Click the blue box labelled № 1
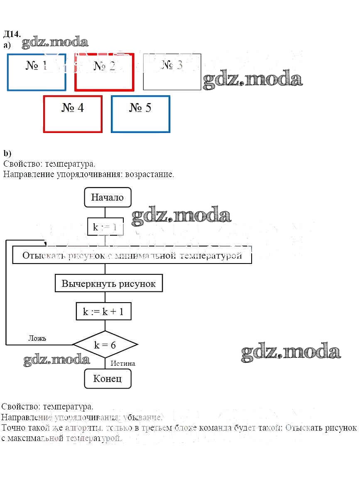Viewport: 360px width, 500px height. point(37,72)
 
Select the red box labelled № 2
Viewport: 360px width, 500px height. point(104,72)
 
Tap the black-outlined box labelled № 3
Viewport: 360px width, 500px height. point(172,72)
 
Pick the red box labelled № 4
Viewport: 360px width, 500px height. point(73,114)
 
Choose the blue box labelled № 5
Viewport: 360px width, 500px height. point(140,114)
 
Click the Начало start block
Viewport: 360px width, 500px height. point(108,197)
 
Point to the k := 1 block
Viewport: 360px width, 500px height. point(105,227)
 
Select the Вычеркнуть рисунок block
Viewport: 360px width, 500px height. point(108,284)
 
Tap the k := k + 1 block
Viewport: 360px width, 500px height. point(103,311)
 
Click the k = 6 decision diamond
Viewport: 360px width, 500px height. point(105,345)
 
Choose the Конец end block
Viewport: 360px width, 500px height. point(108,379)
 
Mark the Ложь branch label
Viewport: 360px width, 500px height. point(37,338)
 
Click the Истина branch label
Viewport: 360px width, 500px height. point(122,363)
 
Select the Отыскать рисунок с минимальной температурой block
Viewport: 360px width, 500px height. point(132,255)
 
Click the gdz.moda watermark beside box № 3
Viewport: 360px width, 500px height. point(252,79)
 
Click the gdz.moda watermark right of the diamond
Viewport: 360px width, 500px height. point(291,352)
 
